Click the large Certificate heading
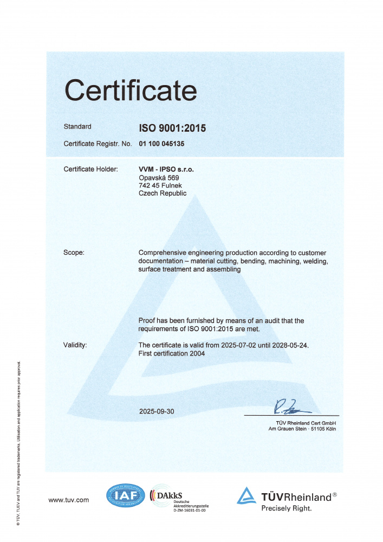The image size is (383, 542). pyautogui.click(x=131, y=89)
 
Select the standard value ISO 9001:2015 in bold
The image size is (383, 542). pyautogui.click(x=173, y=128)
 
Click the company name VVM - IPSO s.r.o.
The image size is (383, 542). pyautogui.click(x=166, y=169)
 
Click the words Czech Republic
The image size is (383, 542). pyautogui.click(x=163, y=193)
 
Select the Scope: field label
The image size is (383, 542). pyautogui.click(x=74, y=253)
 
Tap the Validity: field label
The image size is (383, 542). pyautogui.click(x=75, y=345)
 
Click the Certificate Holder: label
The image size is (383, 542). pyautogui.click(x=90, y=169)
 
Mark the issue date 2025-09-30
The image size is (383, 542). pyautogui.click(x=157, y=411)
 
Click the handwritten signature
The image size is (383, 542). pyautogui.click(x=289, y=406)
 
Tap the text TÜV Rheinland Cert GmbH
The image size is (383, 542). pyautogui.click(x=307, y=423)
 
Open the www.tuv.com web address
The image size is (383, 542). pyautogui.click(x=69, y=500)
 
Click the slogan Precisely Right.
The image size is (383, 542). pyautogui.click(x=287, y=508)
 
